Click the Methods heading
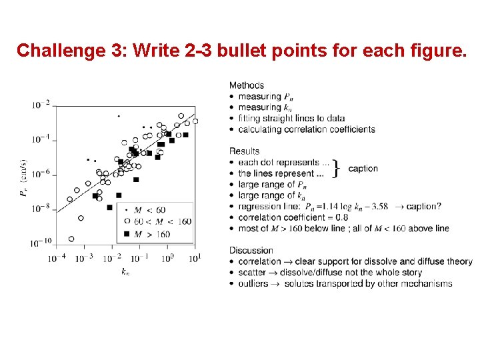click(247, 85)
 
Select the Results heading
click(245, 151)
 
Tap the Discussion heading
click(251, 251)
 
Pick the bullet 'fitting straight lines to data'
click(291, 118)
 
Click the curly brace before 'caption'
click(337, 168)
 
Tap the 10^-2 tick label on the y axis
click(40, 105)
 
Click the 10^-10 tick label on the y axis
click(39, 242)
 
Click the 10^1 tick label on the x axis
click(194, 258)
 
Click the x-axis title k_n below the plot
click(125, 271)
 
